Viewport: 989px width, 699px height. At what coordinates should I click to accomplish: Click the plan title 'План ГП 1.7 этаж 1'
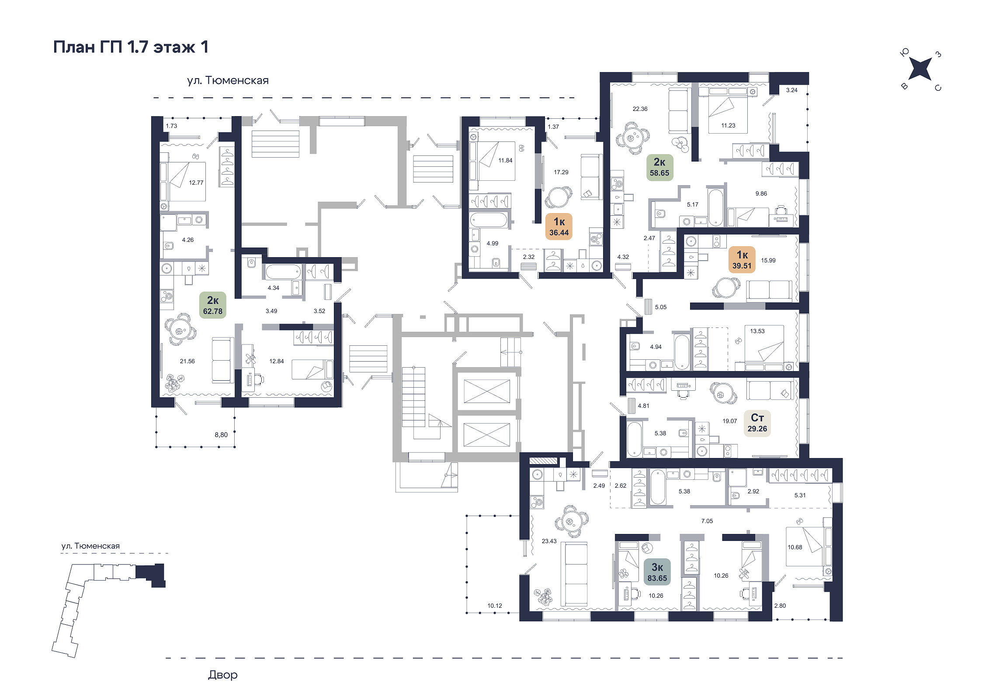(131, 47)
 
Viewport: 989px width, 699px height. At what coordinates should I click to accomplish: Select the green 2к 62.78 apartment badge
(213, 305)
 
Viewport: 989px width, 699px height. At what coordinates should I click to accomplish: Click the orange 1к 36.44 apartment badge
(559, 226)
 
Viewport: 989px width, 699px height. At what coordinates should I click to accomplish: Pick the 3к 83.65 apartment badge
(657, 572)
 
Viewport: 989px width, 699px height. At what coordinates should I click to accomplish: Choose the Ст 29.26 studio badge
(757, 423)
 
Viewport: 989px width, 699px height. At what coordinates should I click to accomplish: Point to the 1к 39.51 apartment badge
(742, 259)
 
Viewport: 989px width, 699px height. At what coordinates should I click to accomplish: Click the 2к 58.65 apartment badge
(659, 167)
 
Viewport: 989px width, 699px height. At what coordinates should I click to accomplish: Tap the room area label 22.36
(640, 109)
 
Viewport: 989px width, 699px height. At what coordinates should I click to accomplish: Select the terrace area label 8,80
(221, 435)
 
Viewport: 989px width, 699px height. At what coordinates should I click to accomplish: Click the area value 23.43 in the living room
(549, 541)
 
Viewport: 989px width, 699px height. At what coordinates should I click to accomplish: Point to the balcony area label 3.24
(792, 90)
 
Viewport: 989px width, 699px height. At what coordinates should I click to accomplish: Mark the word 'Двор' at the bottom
(223, 675)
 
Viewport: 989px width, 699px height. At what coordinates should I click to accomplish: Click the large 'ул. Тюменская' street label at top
(228, 80)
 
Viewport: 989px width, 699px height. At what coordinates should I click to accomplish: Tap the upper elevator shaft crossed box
(487, 391)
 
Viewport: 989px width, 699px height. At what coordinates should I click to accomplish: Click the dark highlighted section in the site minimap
(151, 574)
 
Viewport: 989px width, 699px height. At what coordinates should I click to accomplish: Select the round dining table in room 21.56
(180, 330)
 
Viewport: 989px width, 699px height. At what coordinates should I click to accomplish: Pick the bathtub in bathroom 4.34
(283, 272)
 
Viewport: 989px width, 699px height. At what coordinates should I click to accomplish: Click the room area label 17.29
(561, 172)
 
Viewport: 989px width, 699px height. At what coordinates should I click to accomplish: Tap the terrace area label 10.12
(495, 606)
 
